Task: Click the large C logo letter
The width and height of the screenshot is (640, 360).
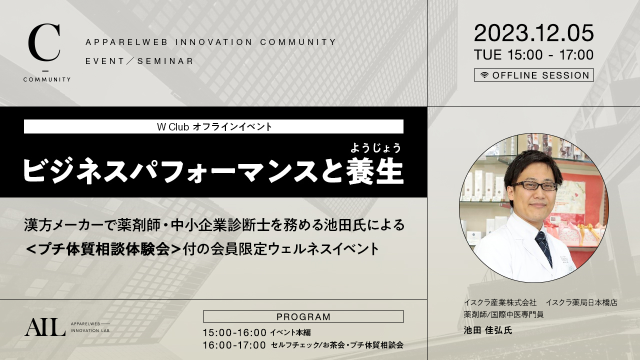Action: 44,43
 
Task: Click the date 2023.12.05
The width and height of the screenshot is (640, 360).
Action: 533,33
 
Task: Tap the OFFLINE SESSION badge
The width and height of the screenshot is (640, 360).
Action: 533,75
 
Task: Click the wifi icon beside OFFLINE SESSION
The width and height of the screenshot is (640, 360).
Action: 484,75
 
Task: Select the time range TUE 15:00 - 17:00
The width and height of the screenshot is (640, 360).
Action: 533,55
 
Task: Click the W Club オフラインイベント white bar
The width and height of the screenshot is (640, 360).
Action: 213,126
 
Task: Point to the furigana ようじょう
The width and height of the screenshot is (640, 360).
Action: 375,148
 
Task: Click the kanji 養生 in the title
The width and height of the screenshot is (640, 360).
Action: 375,171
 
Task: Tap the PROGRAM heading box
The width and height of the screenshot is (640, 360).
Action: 303,316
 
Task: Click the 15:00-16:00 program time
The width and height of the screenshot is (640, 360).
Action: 234,332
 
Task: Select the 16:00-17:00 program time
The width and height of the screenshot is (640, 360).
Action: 234,345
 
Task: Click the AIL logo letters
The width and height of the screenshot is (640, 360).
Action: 45,327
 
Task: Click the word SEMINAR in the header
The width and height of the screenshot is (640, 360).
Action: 165,61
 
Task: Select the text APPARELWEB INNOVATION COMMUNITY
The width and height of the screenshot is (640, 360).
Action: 210,42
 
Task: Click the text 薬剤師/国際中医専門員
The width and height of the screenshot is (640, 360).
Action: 503,314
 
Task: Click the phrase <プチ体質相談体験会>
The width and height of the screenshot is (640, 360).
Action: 103,249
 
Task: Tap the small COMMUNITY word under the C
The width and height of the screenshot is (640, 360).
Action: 47,79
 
